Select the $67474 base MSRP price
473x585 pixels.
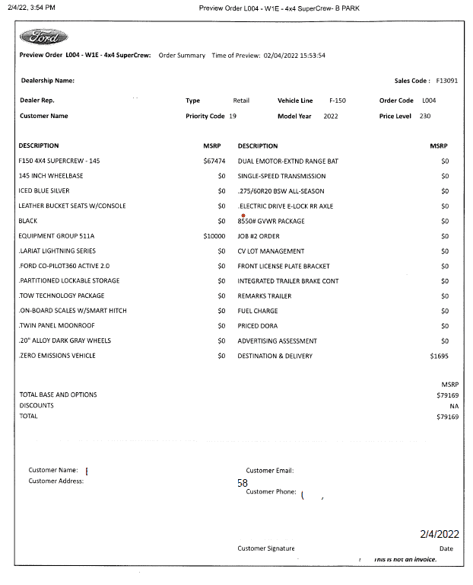tap(214, 161)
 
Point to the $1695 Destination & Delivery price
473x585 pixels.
tap(440, 356)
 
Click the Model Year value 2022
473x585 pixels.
tap(331, 117)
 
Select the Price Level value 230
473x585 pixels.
tap(425, 117)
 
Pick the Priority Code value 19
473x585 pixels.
tap(233, 117)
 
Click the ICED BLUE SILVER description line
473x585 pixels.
tap(44, 191)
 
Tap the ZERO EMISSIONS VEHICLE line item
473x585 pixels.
tap(58, 356)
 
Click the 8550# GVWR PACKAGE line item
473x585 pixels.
tap(271, 221)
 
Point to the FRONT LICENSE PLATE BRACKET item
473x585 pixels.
tap(284, 266)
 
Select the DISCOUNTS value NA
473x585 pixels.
tap(454, 406)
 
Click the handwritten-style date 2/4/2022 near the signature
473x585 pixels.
tap(440, 535)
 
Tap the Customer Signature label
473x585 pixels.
tap(265, 548)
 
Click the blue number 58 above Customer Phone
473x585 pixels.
tap(243, 483)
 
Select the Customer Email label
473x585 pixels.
tap(270, 471)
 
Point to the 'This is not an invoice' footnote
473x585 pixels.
tap(405, 560)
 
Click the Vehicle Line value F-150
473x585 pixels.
tap(338, 101)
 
